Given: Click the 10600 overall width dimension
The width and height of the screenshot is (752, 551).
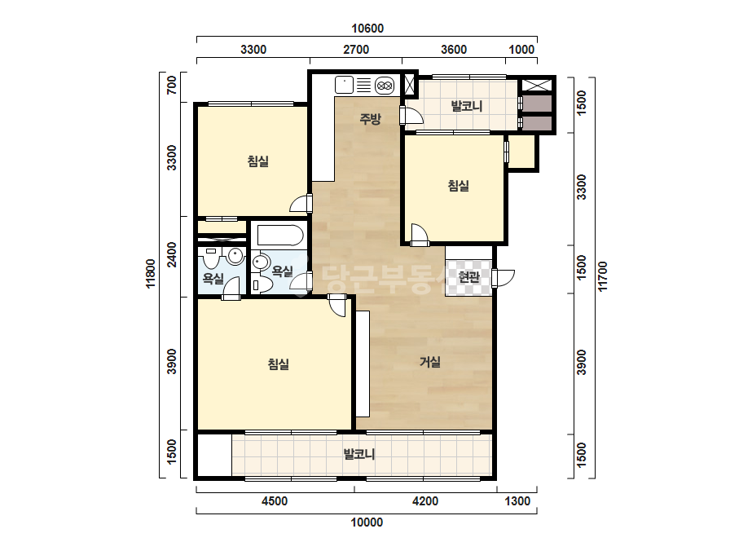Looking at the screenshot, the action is [x=367, y=29].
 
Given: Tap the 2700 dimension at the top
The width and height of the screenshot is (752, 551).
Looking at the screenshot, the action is [x=356, y=50].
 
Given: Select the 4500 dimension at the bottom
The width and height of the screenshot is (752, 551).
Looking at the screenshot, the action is [x=275, y=501].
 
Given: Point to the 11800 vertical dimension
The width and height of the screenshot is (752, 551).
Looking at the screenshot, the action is [x=151, y=274].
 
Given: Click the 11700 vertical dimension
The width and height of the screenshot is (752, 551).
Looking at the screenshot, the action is [x=602, y=276].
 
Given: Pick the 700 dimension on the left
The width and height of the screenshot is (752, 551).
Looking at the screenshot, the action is [x=171, y=86].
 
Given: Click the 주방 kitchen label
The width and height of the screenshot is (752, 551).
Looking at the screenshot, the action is [x=370, y=118].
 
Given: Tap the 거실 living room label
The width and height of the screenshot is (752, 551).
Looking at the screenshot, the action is [x=430, y=361].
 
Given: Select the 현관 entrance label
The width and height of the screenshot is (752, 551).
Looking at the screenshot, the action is [x=468, y=277].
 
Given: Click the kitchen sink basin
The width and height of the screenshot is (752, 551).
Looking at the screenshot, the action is [x=344, y=85].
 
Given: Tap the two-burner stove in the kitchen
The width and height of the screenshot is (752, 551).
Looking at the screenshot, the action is [x=385, y=86].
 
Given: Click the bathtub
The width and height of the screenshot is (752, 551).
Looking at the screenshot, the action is [x=280, y=236].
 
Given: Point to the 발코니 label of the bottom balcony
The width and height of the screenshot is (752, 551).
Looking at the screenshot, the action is [x=359, y=454].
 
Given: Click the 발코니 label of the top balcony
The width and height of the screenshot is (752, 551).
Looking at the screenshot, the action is [x=466, y=106].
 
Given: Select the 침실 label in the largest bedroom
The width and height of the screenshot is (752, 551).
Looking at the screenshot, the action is [x=278, y=364].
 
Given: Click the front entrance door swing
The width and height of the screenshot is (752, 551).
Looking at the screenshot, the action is [x=504, y=277].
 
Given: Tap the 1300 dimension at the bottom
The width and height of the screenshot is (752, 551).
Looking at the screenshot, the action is [x=517, y=501].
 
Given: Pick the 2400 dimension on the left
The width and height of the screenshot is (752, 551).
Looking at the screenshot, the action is [x=171, y=254].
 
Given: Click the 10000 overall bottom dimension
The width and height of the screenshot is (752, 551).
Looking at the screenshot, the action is [x=367, y=522].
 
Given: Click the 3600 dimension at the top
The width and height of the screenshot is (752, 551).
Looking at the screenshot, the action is [x=454, y=50].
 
